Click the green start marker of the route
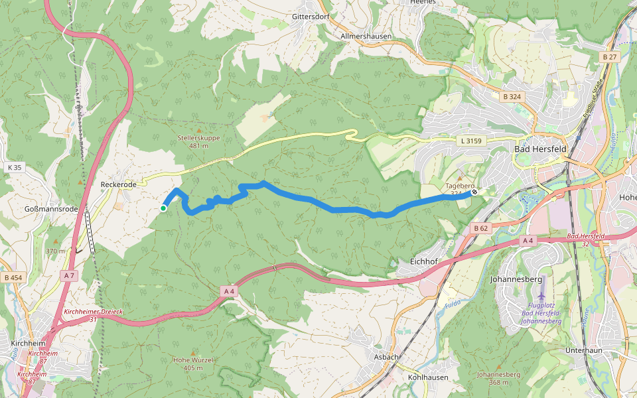click(163, 208)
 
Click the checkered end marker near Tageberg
click(474, 192)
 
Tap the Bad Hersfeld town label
click(540, 149)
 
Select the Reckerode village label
click(118, 184)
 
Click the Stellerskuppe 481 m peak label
click(198, 141)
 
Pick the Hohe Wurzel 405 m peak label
click(192, 364)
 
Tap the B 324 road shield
click(513, 97)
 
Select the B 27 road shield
click(610, 58)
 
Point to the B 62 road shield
click(481, 228)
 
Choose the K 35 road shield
click(15, 168)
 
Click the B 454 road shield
click(12, 278)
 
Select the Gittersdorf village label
click(310, 16)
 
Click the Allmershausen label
click(366, 36)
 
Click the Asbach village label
click(386, 357)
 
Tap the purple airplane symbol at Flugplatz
click(542, 297)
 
